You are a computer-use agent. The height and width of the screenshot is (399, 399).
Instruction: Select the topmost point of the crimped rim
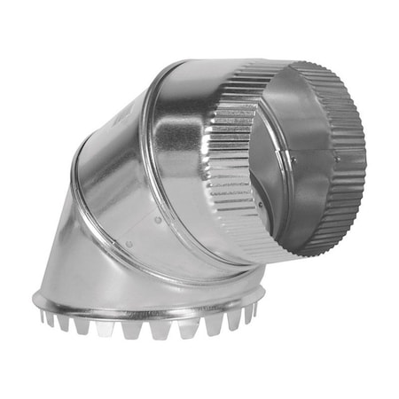coord(301,64)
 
